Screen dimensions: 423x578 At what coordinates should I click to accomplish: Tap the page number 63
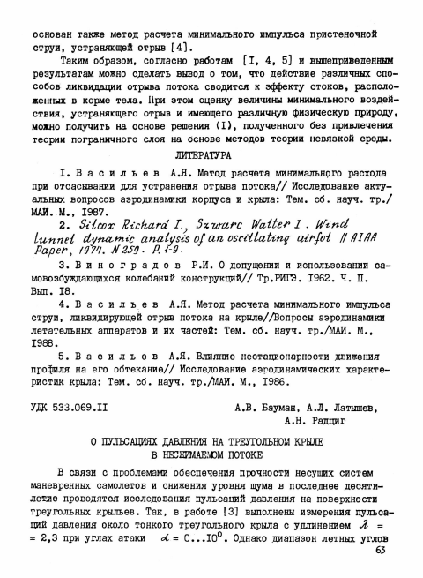379,552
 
